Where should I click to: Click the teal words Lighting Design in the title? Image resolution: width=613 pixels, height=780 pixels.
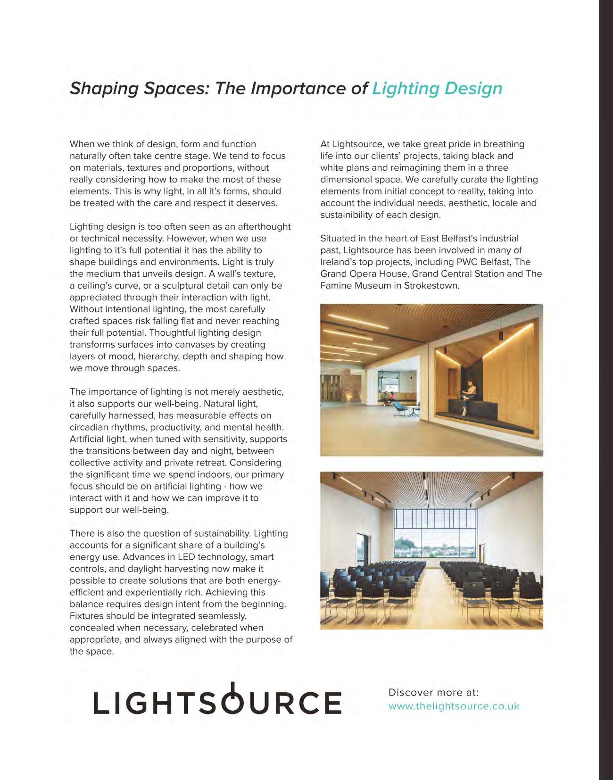(x=437, y=89)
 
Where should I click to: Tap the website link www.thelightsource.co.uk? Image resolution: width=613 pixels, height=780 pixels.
(x=454, y=706)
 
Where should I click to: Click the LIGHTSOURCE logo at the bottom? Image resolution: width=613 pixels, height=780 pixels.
(x=217, y=701)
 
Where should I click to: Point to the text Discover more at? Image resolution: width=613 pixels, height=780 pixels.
(x=433, y=692)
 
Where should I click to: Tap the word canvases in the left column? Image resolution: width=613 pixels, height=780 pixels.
(x=184, y=345)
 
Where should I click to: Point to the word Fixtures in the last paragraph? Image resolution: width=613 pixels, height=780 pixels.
(x=86, y=616)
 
